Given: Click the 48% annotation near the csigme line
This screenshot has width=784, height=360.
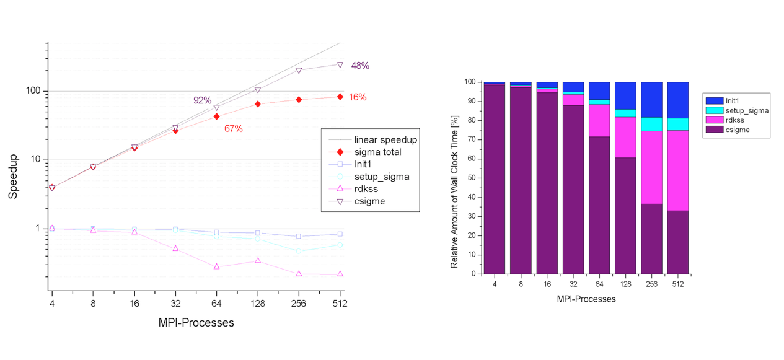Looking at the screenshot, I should pos(360,66).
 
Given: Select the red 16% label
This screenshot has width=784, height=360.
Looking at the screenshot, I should pos(358,97).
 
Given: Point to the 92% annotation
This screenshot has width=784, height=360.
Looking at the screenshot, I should pos(203,100).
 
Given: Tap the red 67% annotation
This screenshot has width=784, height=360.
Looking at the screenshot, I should pos(234,129).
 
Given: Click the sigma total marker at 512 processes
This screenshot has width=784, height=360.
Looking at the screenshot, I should pos(340,97).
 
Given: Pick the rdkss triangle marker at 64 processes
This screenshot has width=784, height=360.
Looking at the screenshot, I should pos(216,266).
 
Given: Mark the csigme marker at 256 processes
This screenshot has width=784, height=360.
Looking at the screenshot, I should pos(299,71).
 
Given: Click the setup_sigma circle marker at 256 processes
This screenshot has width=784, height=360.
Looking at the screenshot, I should pos(299,251).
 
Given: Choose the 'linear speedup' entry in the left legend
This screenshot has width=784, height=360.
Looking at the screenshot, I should pos(385,140).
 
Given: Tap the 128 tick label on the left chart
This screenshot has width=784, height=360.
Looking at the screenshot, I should pos(257,304).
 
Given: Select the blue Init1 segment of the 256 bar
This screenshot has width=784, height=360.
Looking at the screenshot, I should pos(651,99).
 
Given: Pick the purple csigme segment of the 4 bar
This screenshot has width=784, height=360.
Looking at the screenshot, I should pos(494,180).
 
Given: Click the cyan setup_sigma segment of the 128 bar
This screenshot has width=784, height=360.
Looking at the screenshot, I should pos(625,113).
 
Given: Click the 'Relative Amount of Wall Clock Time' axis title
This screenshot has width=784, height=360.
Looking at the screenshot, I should pos(454,178).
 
